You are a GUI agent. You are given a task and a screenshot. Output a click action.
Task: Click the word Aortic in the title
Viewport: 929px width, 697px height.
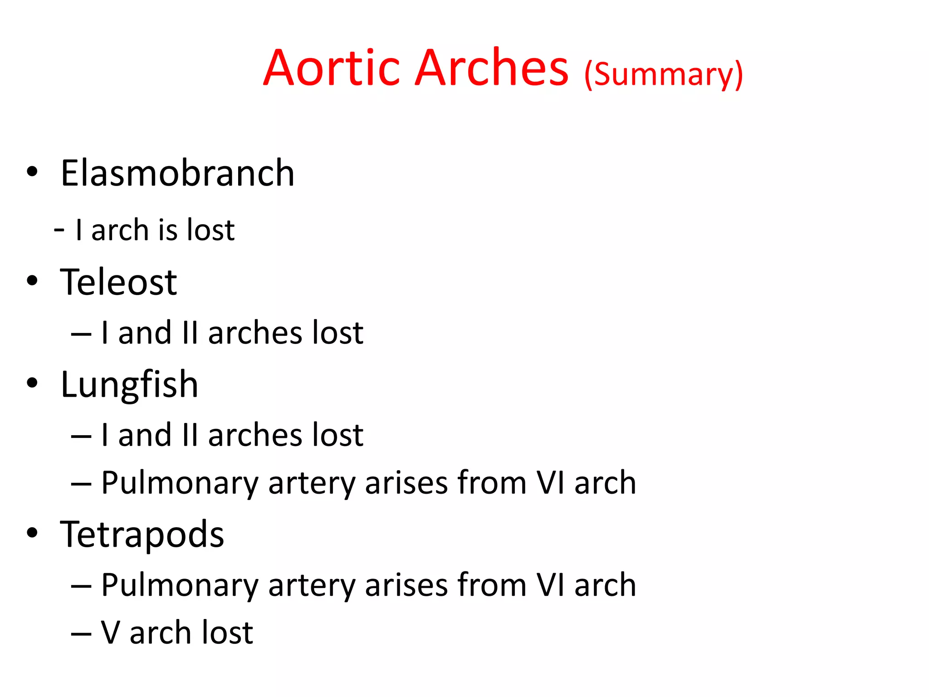332,68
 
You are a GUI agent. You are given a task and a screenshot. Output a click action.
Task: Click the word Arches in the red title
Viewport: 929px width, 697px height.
492,68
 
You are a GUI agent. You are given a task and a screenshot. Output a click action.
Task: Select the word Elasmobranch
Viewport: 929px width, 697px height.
177,173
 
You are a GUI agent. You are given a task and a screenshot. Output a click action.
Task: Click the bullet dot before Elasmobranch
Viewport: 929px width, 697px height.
32,172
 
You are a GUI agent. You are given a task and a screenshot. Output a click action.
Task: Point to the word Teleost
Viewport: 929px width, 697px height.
118,282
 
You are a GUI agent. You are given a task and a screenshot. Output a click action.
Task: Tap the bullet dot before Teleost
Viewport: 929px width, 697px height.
32,280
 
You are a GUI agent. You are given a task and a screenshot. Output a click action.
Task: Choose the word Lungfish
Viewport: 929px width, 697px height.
129,385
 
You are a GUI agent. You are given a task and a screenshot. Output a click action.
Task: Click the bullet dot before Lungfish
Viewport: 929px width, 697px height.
32,383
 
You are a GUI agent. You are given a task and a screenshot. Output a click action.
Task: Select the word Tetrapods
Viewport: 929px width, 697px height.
142,535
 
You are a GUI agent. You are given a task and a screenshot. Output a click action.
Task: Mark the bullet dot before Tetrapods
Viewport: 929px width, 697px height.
32,532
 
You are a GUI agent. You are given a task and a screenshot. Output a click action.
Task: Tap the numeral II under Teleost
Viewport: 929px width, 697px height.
190,333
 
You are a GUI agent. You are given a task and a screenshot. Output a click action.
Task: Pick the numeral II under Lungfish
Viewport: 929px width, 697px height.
190,435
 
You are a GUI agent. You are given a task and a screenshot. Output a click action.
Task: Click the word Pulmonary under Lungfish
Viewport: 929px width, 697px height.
180,483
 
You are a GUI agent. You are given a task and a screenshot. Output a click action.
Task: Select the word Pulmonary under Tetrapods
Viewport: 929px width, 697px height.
180,585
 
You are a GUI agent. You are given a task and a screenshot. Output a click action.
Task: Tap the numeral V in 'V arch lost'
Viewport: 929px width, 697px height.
111,633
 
